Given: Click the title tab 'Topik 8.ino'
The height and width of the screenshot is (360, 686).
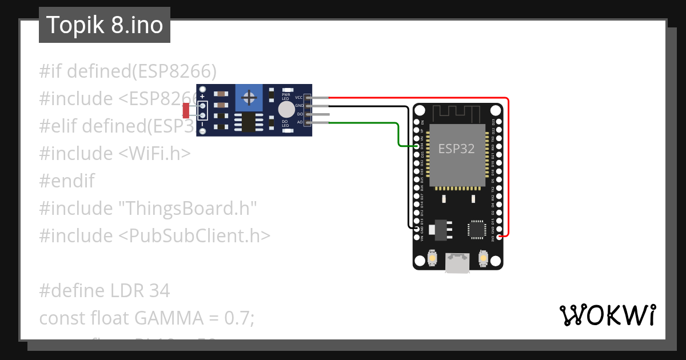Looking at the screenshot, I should [x=104, y=25].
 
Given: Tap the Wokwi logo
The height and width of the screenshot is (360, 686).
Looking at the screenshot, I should [x=607, y=315].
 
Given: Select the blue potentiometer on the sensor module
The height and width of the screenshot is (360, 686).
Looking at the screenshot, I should [x=249, y=98].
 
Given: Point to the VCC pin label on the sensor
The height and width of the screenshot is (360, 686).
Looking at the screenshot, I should [x=299, y=98].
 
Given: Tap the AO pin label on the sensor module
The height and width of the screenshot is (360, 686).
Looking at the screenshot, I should [x=300, y=122].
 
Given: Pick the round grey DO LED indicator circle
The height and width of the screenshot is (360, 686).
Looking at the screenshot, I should [x=286, y=109].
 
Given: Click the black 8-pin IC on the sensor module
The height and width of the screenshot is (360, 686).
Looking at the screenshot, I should [x=248, y=121].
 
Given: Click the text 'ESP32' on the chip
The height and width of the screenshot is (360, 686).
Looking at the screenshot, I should [x=456, y=149].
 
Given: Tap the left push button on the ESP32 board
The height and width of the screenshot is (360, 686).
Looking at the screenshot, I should [x=432, y=259].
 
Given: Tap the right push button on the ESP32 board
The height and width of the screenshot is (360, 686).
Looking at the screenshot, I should [x=483, y=259].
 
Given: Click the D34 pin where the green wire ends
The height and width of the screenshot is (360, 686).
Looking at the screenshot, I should [x=417, y=146].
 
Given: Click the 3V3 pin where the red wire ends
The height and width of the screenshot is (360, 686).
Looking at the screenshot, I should [x=500, y=236].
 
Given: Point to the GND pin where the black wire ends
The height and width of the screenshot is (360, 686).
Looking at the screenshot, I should [x=417, y=228].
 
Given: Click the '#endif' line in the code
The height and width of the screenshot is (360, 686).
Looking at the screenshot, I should [x=67, y=181].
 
